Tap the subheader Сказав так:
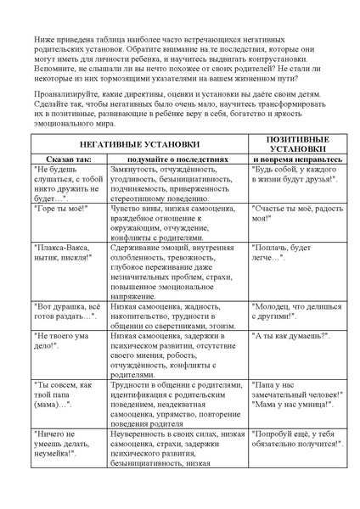(59, 159)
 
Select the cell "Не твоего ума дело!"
(59, 341)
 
